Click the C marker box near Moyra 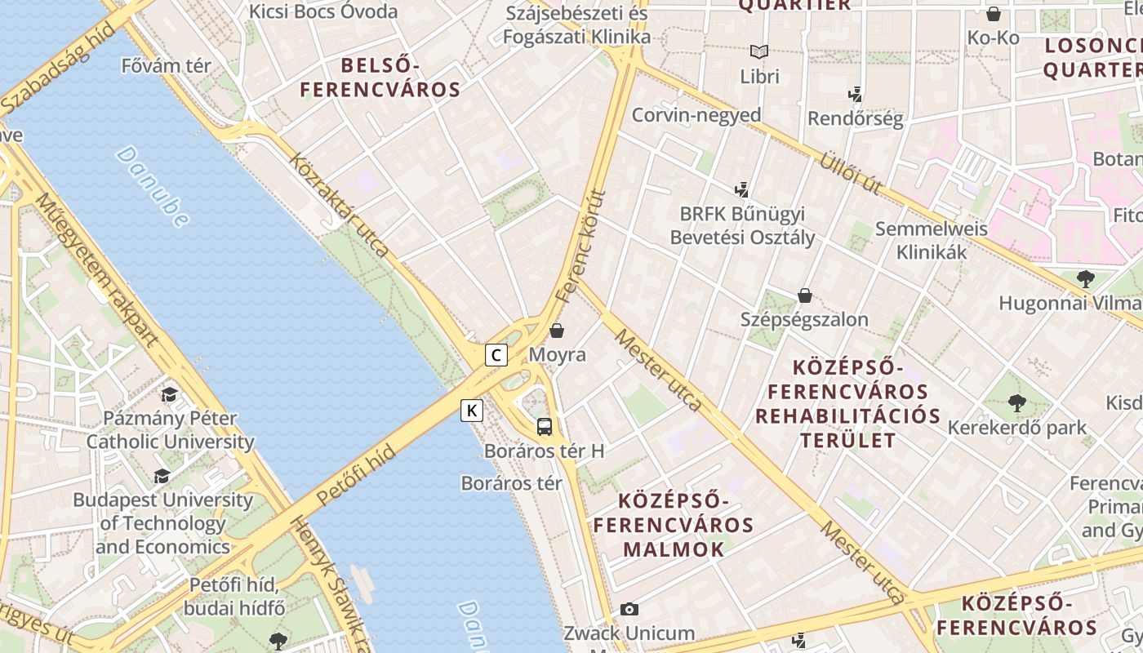click(496, 355)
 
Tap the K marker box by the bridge click(472, 410)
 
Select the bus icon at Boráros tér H click(545, 426)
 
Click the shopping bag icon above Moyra click(557, 331)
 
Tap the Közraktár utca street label click(339, 206)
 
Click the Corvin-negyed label click(696, 115)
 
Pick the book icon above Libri click(759, 52)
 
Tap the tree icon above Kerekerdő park click(1016, 402)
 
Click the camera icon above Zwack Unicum click(629, 609)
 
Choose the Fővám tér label click(166, 66)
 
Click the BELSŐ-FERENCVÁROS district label click(380, 77)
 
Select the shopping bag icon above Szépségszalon click(805, 295)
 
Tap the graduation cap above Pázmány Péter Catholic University click(170, 395)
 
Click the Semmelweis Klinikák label click(931, 240)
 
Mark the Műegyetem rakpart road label click(96, 271)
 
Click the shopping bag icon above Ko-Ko click(994, 14)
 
